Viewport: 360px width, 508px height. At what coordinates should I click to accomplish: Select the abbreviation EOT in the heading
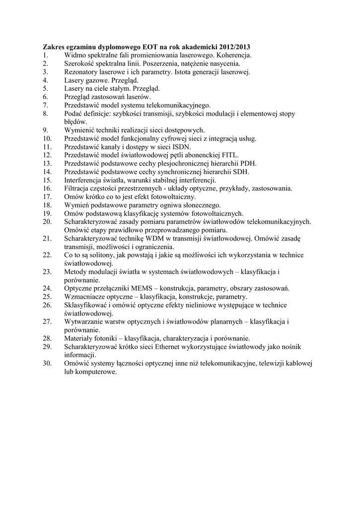pyautogui.click(x=136, y=47)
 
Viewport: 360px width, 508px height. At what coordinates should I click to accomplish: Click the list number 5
pyautogui.click(x=45, y=88)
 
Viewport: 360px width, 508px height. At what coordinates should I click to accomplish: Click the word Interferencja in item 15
pyautogui.click(x=84, y=180)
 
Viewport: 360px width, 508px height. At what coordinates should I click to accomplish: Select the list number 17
pyautogui.click(x=47, y=197)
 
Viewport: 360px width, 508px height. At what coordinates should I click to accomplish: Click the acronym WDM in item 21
pyautogui.click(x=160, y=239)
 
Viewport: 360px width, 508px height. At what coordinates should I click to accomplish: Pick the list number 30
pyautogui.click(x=47, y=364)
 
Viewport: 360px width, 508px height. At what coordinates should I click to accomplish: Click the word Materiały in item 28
pyautogui.click(x=79, y=338)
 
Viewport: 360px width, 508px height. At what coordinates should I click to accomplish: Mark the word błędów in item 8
pyautogui.click(x=75, y=122)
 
